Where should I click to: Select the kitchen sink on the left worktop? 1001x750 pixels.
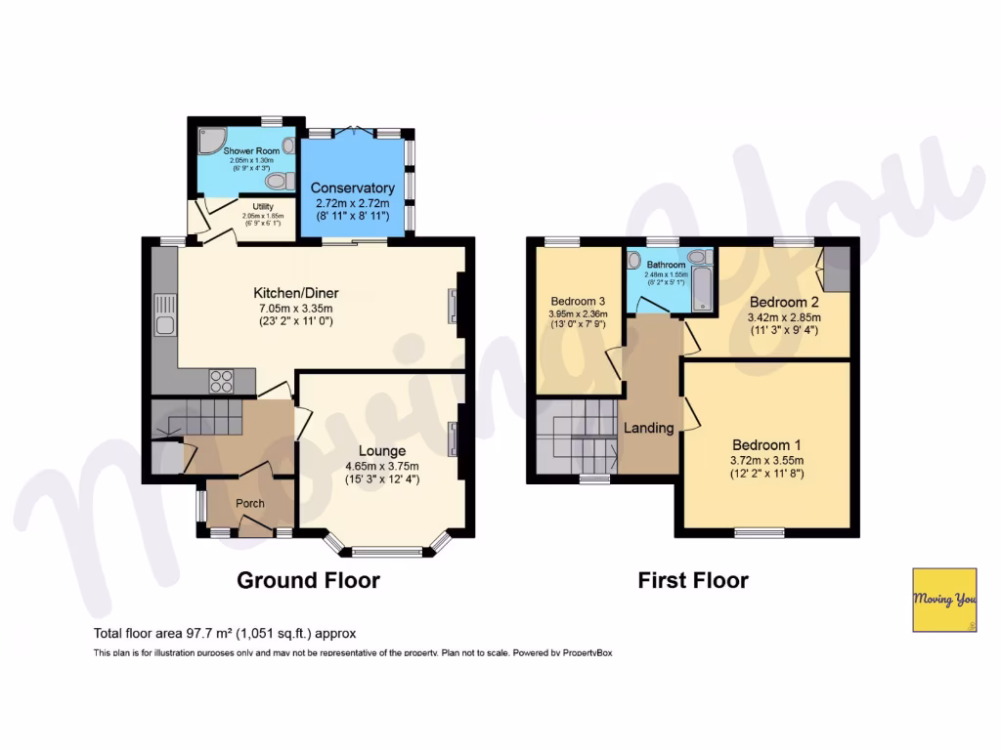click(x=164, y=325)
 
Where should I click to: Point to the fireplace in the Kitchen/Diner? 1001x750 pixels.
click(x=453, y=307)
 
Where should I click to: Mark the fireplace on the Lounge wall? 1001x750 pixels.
click(x=453, y=438)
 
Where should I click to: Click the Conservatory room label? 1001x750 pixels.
click(x=352, y=187)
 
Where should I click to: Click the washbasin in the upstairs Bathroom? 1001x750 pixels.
click(x=698, y=257)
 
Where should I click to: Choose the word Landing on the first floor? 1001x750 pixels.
click(x=648, y=428)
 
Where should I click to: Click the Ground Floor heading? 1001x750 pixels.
click(x=308, y=581)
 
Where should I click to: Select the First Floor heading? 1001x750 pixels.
click(x=693, y=581)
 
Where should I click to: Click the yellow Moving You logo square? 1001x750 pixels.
click(x=943, y=599)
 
